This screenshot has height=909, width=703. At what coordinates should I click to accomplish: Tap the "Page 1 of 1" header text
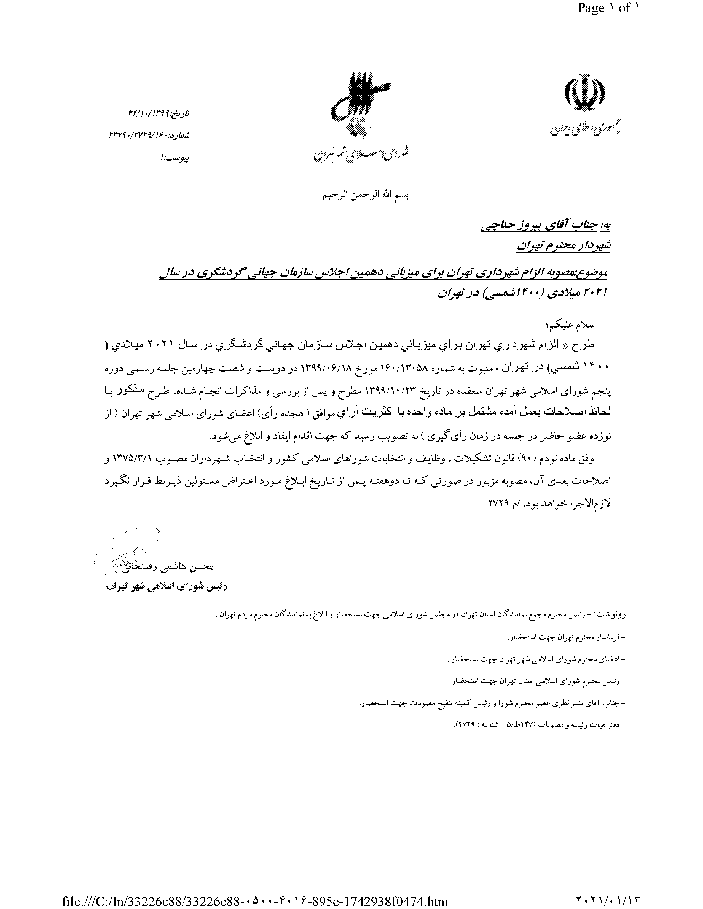[x=608, y=8]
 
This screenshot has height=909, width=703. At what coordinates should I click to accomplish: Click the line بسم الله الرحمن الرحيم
[x=366, y=196]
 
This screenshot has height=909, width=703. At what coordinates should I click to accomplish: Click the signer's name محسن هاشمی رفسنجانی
[x=162, y=567]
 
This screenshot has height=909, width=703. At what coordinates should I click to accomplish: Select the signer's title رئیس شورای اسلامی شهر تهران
[x=167, y=587]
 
